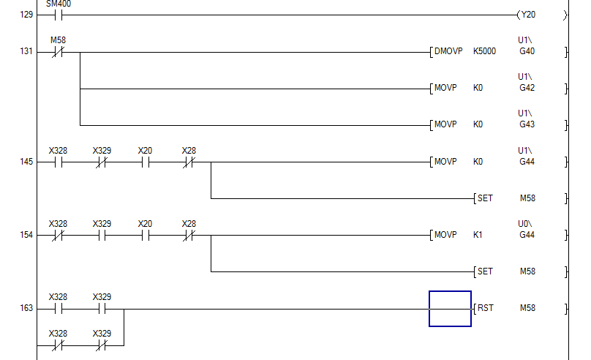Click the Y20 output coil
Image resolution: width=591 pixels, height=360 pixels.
point(528,15)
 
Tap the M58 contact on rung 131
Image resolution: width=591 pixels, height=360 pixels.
point(58,52)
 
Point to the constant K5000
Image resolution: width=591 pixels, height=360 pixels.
point(484,52)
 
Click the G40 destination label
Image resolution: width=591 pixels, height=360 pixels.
point(527,52)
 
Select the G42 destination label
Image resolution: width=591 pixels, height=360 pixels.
point(527,89)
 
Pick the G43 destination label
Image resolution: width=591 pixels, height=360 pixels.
point(527,124)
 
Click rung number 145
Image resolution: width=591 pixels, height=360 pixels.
point(26,162)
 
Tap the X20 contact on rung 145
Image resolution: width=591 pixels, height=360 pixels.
point(145,162)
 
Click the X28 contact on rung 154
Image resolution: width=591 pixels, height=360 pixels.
point(189,235)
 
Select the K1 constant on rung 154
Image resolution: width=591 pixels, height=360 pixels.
point(478,235)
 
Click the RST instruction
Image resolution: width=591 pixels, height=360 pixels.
point(486,308)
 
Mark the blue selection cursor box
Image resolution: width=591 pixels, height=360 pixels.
point(450,308)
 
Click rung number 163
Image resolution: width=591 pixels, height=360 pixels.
point(26,309)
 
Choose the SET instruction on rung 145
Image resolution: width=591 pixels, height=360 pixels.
point(486,198)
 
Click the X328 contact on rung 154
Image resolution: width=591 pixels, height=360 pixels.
point(58,235)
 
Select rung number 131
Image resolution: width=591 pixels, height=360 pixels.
point(26,53)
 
